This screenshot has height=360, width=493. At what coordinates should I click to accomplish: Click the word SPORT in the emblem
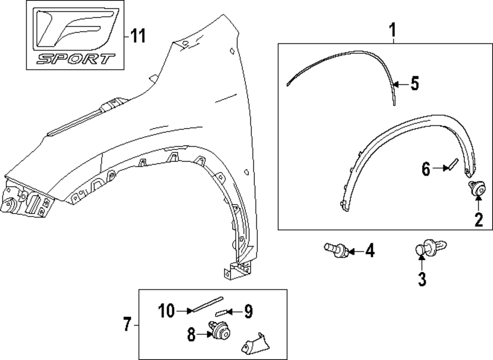tap(75, 59)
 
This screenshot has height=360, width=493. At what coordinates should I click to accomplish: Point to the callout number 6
tap(425, 170)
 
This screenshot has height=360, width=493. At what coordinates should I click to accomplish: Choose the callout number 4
tap(369, 252)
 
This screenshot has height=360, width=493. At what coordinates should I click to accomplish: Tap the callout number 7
tap(127, 324)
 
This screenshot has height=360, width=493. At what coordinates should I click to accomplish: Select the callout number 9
tap(248, 311)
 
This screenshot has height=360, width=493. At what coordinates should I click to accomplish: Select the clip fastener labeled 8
tap(220, 330)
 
